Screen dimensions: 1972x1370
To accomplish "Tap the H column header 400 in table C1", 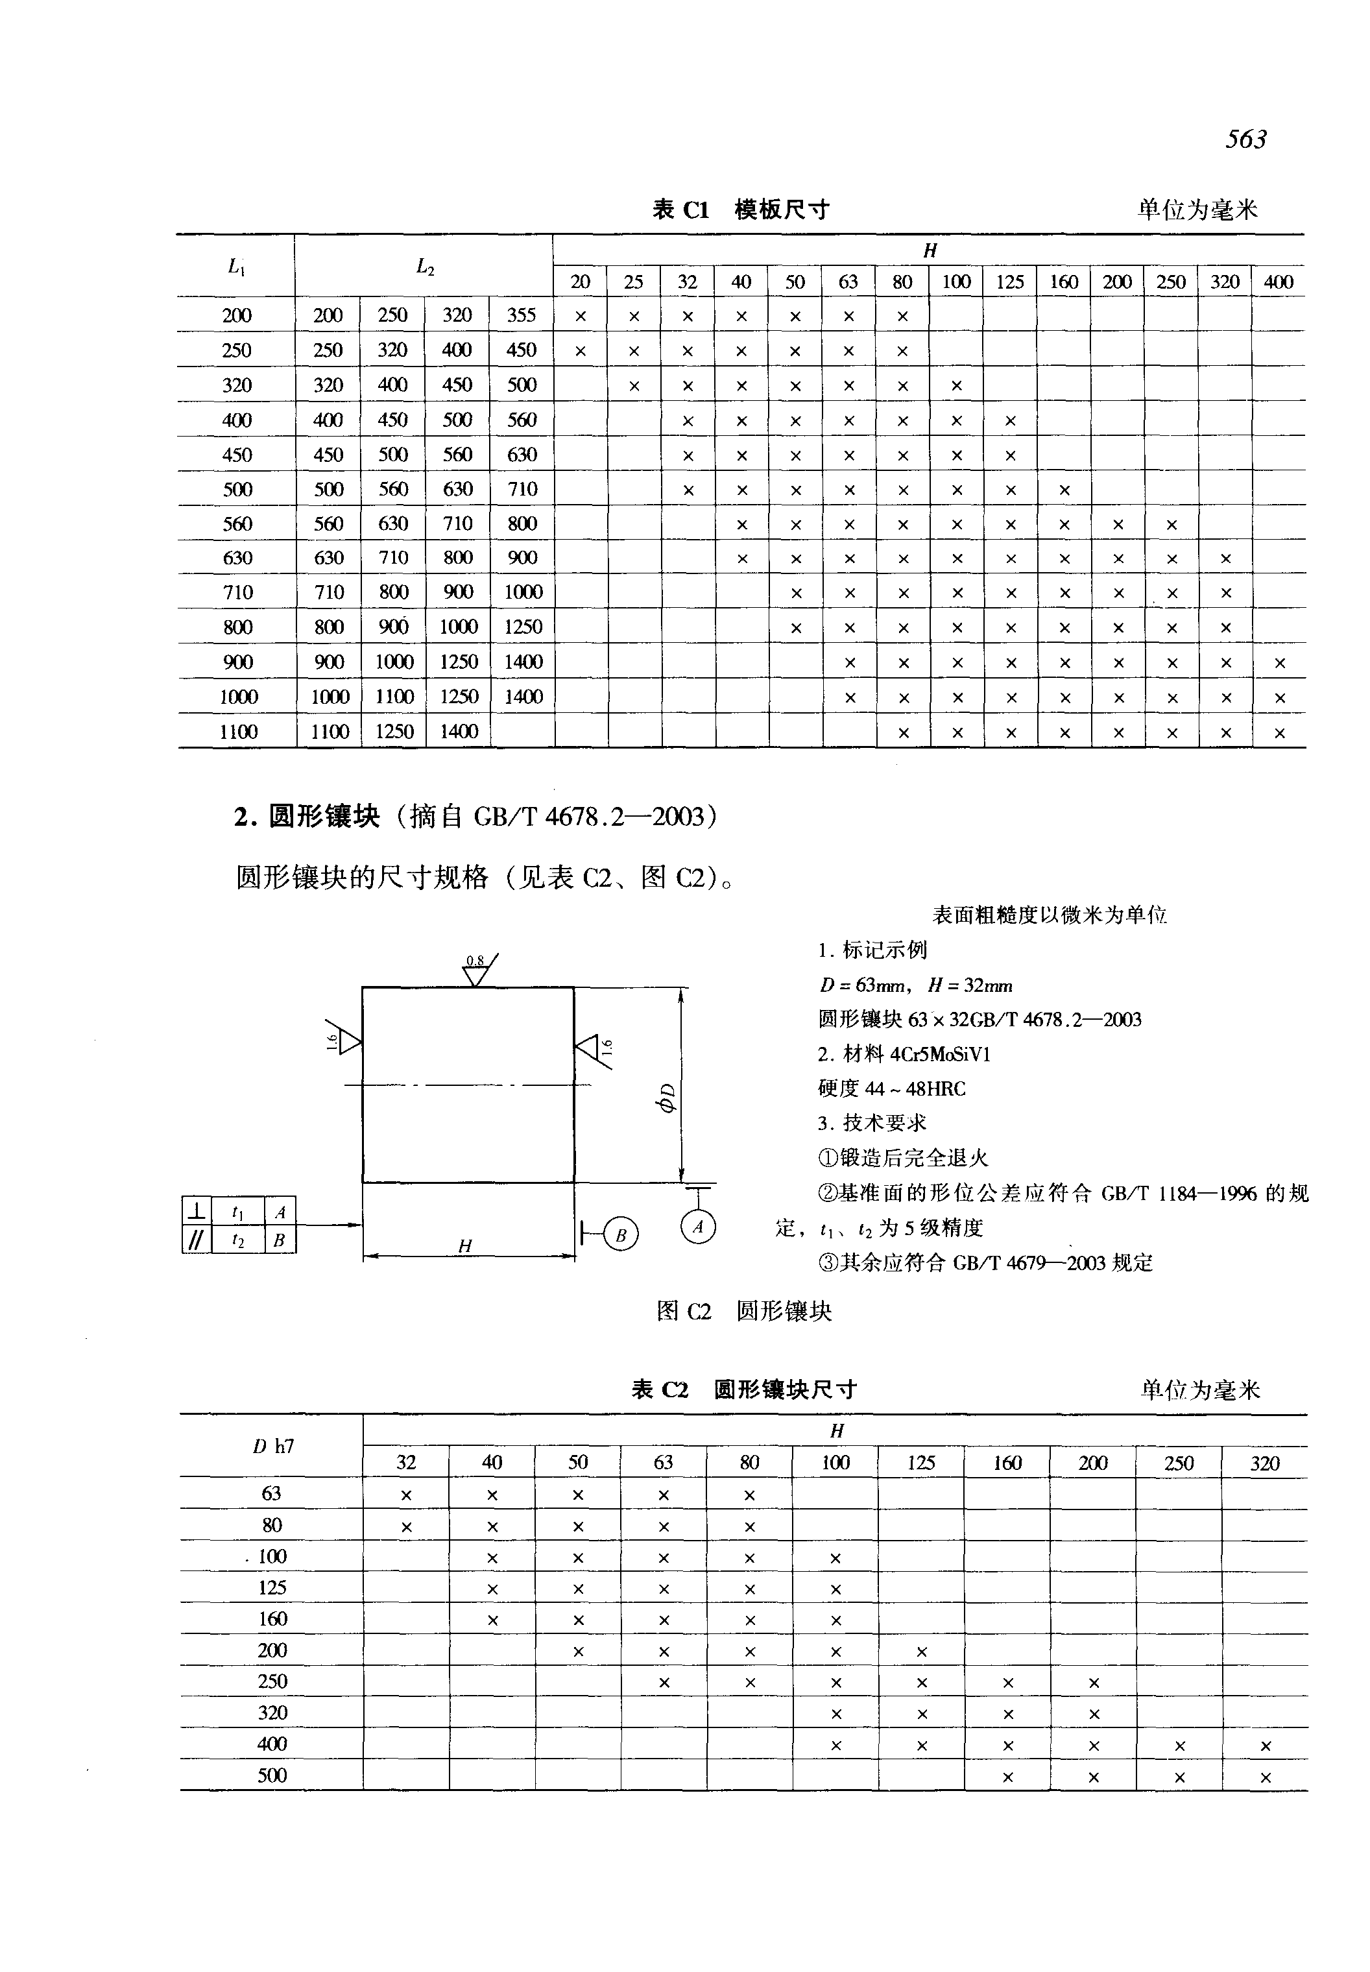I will pyautogui.click(x=1278, y=282).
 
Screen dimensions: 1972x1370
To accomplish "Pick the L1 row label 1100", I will pyautogui.click(x=238, y=732).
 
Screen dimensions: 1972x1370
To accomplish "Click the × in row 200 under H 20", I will pyautogui.click(x=581, y=316).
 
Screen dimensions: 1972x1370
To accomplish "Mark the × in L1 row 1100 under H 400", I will pyautogui.click(x=1279, y=733).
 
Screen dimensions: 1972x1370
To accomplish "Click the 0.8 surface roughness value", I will pyautogui.click(x=475, y=961).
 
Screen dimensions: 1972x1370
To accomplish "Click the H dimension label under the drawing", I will pyautogui.click(x=465, y=1247).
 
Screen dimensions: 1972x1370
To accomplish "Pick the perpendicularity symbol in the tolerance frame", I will pyautogui.click(x=197, y=1211).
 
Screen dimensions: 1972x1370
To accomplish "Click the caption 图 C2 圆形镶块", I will pyautogui.click(x=743, y=1311).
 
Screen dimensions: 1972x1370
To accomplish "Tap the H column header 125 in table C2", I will pyautogui.click(x=921, y=1463).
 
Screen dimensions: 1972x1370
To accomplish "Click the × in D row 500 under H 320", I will pyautogui.click(x=1264, y=1778).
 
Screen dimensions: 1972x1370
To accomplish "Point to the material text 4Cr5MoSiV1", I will pyautogui.click(x=940, y=1054).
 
